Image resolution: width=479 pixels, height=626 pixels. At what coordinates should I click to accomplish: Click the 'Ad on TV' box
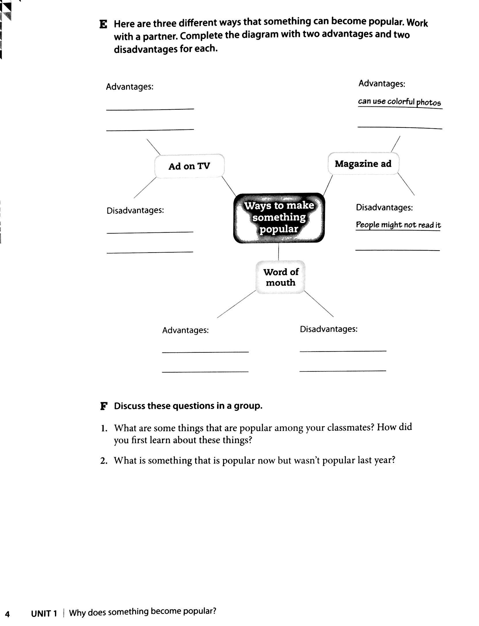(189, 166)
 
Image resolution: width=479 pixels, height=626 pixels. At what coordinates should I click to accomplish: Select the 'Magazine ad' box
(363, 164)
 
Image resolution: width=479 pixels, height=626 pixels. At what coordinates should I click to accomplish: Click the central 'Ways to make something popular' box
(279, 218)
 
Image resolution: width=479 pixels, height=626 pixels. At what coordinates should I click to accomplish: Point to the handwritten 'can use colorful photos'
(399, 102)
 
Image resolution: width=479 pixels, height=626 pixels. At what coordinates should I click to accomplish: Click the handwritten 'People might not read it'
(398, 225)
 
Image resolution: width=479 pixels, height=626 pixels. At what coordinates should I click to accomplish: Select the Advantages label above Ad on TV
(130, 87)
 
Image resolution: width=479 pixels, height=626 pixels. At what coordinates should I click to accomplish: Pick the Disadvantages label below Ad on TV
(135, 211)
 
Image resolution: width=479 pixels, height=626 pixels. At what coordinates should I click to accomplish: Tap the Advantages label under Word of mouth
(185, 330)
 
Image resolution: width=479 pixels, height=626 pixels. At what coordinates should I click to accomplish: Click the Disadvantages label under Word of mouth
(328, 329)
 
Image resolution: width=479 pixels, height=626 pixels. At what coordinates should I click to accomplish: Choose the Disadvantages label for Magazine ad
(384, 207)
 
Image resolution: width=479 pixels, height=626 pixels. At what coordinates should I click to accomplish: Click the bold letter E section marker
(103, 24)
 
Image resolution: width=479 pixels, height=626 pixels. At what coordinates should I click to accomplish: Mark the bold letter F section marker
(104, 406)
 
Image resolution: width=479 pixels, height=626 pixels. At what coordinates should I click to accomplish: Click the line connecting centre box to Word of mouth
(278, 252)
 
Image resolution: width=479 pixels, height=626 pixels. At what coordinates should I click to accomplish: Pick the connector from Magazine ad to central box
(328, 185)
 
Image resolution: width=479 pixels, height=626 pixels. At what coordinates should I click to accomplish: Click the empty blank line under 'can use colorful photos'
(400, 127)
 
